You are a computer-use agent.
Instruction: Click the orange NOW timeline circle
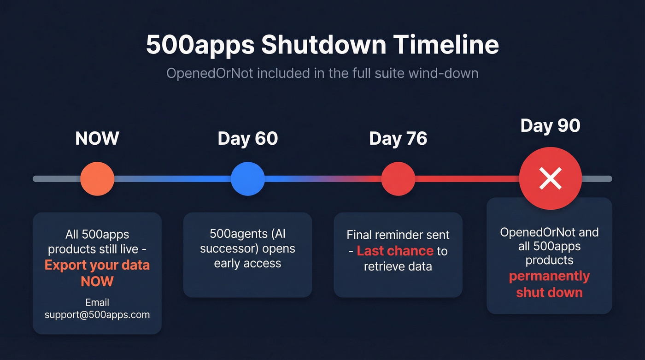pyautogui.click(x=97, y=178)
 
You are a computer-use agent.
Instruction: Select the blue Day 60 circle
pyautogui.click(x=248, y=178)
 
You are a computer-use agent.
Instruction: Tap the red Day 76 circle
pyautogui.click(x=398, y=178)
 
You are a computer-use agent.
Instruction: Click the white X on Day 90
pyautogui.click(x=550, y=178)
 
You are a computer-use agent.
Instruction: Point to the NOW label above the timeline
pyautogui.click(x=97, y=138)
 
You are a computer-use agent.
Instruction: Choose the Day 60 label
pyautogui.click(x=248, y=138)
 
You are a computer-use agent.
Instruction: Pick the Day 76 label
pyautogui.click(x=398, y=138)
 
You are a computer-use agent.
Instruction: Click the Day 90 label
pyautogui.click(x=550, y=125)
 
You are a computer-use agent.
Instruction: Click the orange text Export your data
pyautogui.click(x=97, y=265)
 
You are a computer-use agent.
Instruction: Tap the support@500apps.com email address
pyautogui.click(x=97, y=315)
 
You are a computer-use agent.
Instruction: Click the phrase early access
pyautogui.click(x=247, y=263)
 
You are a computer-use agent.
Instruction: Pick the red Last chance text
pyautogui.click(x=395, y=251)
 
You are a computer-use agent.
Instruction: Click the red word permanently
pyautogui.click(x=549, y=276)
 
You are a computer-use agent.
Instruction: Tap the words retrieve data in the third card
pyautogui.click(x=398, y=266)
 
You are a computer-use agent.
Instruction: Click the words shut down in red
pyautogui.click(x=549, y=292)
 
